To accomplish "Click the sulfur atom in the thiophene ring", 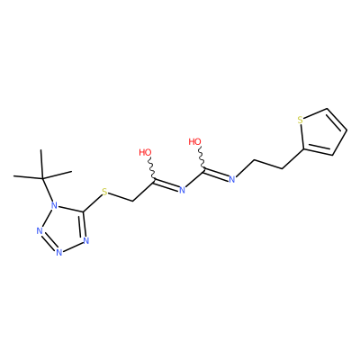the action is coord(300,121).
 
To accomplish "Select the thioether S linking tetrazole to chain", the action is coord(104,192).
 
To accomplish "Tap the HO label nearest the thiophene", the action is coord(194,141).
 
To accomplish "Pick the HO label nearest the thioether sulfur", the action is coord(146,152).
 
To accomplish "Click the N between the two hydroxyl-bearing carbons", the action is coord(182,190).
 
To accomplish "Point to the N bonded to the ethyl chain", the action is coord(231,179).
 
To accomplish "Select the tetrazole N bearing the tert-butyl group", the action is coord(54,205).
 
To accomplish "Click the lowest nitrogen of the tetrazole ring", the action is coord(58,252).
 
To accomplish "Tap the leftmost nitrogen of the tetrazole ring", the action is coord(39,231).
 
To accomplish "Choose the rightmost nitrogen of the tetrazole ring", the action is coord(86,240).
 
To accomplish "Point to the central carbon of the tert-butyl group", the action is coord(42,178).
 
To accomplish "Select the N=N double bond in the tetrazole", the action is coord(48,242).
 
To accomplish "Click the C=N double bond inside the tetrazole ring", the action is coord(83,224).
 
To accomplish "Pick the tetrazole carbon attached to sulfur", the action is coord(83,212).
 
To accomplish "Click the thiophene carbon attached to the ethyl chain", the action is coord(303,148).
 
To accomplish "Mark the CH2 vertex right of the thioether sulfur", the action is coord(132,201).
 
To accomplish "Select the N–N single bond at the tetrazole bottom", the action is coord(73,247).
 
